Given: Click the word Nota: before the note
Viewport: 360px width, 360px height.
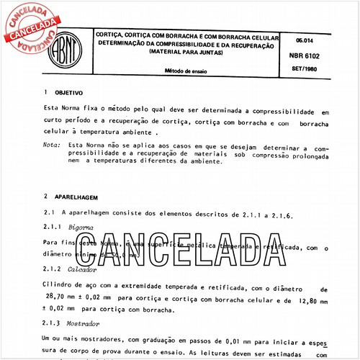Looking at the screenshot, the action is coord(51,145).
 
